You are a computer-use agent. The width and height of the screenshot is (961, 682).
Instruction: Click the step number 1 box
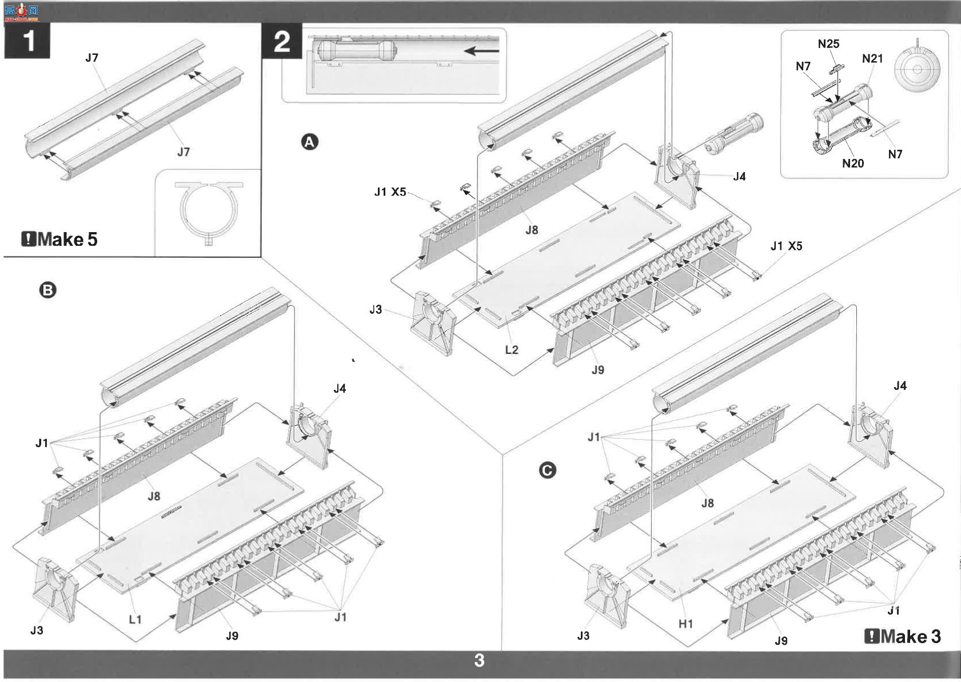point(27,41)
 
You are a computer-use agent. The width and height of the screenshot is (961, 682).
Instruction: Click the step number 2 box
point(282,41)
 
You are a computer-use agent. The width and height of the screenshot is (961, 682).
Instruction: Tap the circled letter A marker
point(310,142)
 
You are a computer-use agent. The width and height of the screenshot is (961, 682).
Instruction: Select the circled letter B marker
point(47,290)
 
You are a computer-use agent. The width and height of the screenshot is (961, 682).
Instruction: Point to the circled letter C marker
point(547,470)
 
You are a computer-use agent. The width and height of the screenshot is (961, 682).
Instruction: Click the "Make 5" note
point(59,240)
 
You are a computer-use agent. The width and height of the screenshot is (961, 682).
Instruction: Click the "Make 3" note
point(903,636)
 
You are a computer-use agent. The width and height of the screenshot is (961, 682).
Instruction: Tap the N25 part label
point(828,44)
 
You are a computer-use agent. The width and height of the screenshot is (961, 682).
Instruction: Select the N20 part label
point(853,163)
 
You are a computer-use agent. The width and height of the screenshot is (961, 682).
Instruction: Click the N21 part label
point(872,58)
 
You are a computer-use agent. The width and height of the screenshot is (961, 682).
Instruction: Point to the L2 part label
point(512,350)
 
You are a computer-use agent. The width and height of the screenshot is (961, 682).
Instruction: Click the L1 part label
point(135,619)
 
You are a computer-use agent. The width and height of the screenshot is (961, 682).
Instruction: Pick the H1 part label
point(685,624)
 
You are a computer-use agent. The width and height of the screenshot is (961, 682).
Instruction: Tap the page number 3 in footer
point(479,660)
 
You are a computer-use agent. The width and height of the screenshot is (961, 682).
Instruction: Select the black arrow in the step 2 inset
point(481,51)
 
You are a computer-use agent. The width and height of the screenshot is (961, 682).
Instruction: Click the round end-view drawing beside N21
point(917,68)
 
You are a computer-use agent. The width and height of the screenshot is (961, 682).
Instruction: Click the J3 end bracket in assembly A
point(433,323)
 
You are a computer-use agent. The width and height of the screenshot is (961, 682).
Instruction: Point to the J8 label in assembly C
point(707,502)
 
